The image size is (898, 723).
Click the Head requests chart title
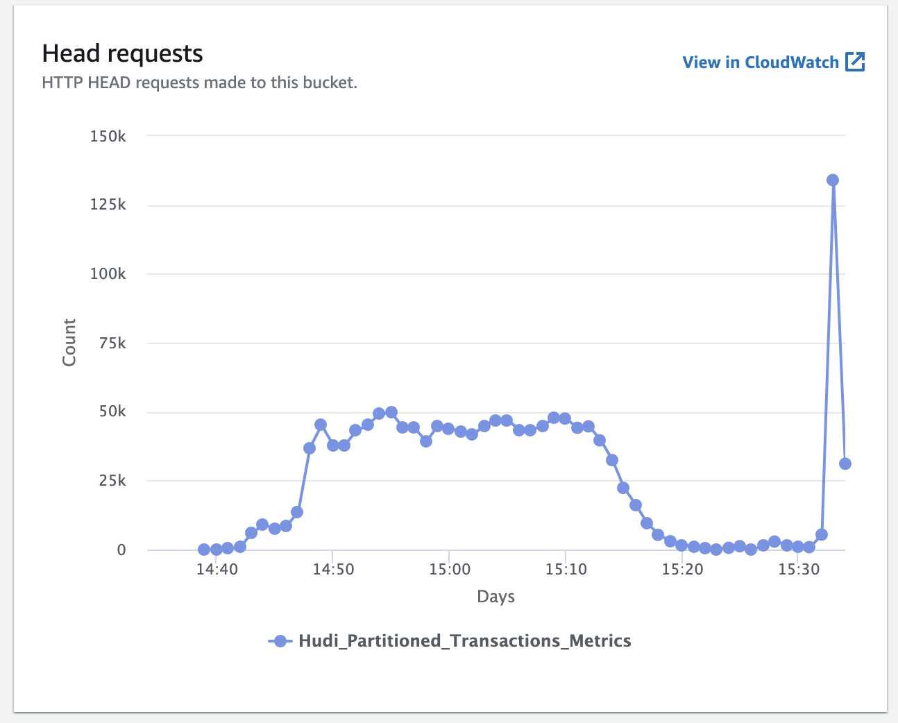[x=122, y=54]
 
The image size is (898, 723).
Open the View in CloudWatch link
[x=761, y=62]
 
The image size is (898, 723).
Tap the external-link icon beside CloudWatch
[x=855, y=62]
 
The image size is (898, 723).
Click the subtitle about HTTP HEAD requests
[x=199, y=83]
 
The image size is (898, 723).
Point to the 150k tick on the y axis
[x=108, y=136]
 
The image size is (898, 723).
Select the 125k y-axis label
[x=108, y=205]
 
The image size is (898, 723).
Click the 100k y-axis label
[x=108, y=273]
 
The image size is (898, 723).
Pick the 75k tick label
[x=112, y=343]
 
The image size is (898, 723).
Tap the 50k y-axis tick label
[x=112, y=411]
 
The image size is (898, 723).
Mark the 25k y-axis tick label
[x=112, y=480]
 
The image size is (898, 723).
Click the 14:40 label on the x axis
[x=217, y=570]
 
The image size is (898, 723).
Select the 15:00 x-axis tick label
[x=450, y=570]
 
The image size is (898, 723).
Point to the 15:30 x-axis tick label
[x=799, y=570]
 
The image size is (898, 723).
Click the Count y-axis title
[x=69, y=342]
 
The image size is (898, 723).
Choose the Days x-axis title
[x=495, y=597]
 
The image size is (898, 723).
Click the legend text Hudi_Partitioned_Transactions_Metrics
[x=464, y=640]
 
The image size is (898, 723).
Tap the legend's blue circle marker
[x=280, y=640]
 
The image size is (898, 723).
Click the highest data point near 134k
[x=833, y=180]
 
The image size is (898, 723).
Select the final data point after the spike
[x=845, y=463]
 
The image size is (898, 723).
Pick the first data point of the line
[x=204, y=550]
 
